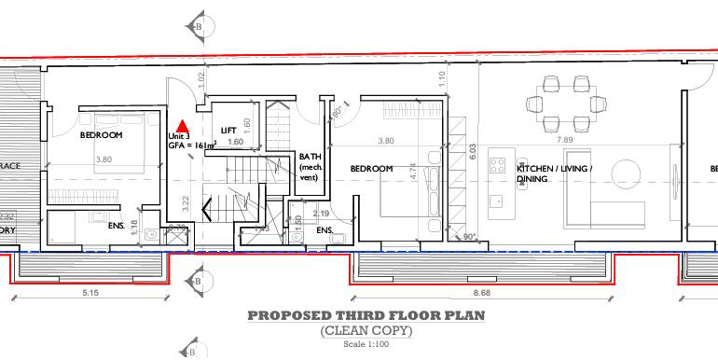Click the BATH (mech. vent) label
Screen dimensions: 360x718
[x=310, y=167]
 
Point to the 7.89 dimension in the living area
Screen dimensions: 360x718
[x=565, y=140]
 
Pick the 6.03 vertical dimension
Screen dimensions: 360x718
[x=472, y=151]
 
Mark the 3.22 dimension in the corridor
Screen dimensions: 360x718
[x=186, y=201]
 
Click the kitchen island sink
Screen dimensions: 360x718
[x=498, y=200]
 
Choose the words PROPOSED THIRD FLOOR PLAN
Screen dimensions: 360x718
[x=366, y=316]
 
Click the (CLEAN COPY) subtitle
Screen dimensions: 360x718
[x=366, y=331]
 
